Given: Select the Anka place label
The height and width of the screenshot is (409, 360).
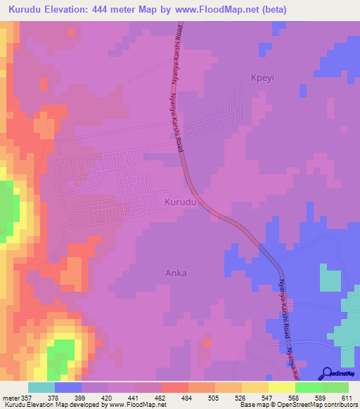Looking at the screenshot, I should [176, 273].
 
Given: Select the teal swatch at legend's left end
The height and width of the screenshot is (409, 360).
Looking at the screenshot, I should [41, 387].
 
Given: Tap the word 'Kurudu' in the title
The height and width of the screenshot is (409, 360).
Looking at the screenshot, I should [26, 10].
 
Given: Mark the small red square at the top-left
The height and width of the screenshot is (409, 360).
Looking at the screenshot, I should [70, 32].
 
